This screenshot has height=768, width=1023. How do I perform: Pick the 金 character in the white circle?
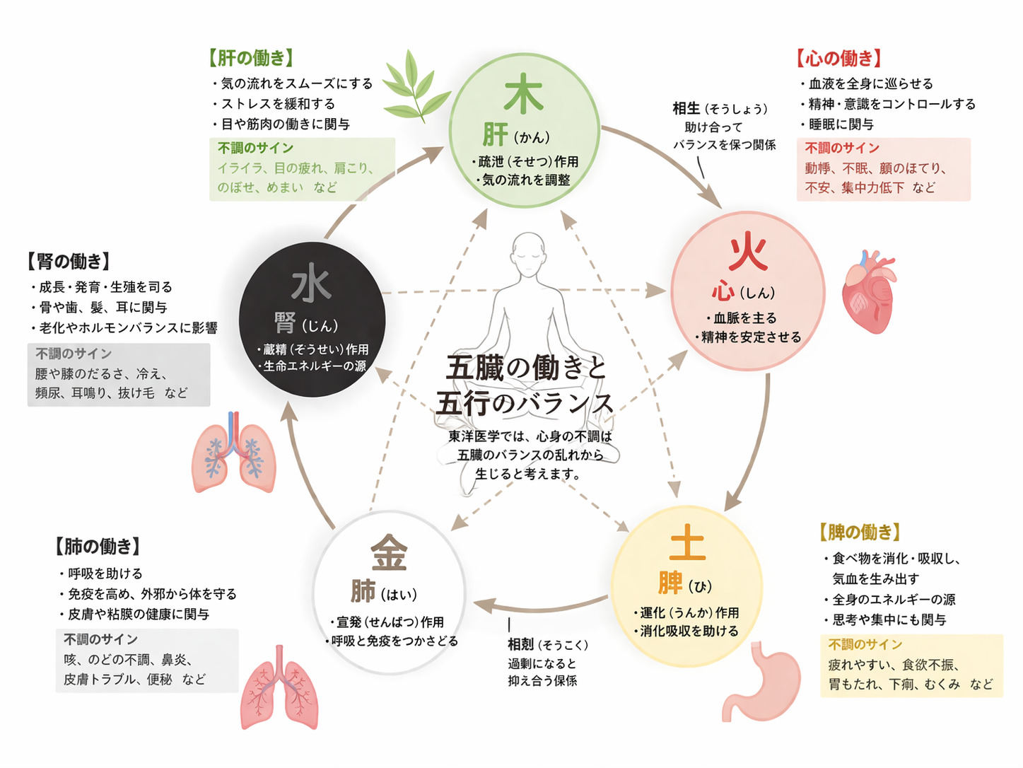389,552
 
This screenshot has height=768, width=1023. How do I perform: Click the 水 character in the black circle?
311,284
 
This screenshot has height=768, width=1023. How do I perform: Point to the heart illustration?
869,291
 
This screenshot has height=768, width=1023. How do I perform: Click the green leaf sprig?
416,86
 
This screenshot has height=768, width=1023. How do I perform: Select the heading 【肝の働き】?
251,57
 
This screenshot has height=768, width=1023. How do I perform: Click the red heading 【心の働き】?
839,58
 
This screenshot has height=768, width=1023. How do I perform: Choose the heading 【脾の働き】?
860,532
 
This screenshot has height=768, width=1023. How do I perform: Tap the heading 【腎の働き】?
69,261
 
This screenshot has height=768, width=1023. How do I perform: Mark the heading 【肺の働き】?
98,546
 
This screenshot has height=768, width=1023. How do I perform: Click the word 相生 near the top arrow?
686,108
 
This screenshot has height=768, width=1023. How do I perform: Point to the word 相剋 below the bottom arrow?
521,644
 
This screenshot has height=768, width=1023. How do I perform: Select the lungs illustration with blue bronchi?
233,453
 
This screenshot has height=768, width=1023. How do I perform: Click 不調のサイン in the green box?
255,148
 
